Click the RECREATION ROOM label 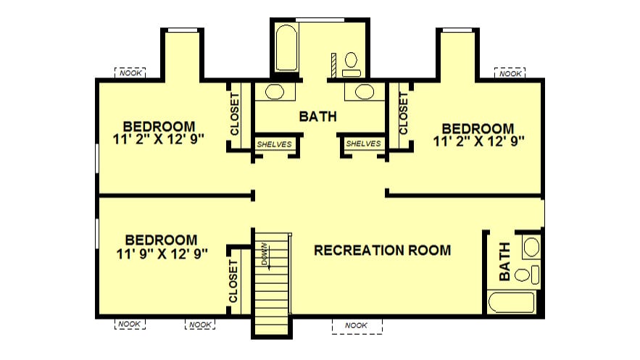383,250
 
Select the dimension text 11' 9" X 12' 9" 162,254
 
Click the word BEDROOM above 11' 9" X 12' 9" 161,240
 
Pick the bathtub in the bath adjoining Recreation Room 512,303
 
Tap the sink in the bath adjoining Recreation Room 531,247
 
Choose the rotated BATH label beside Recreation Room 504,261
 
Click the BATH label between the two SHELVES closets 318,117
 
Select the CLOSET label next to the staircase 233,281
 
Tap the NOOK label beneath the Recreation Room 356,325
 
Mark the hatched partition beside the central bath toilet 333,64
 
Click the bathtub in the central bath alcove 286,48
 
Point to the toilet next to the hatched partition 351,64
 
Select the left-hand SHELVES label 274,144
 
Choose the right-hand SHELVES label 363,143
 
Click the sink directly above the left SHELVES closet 275,92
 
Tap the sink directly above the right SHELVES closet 365,92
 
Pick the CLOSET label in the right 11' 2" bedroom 403,113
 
